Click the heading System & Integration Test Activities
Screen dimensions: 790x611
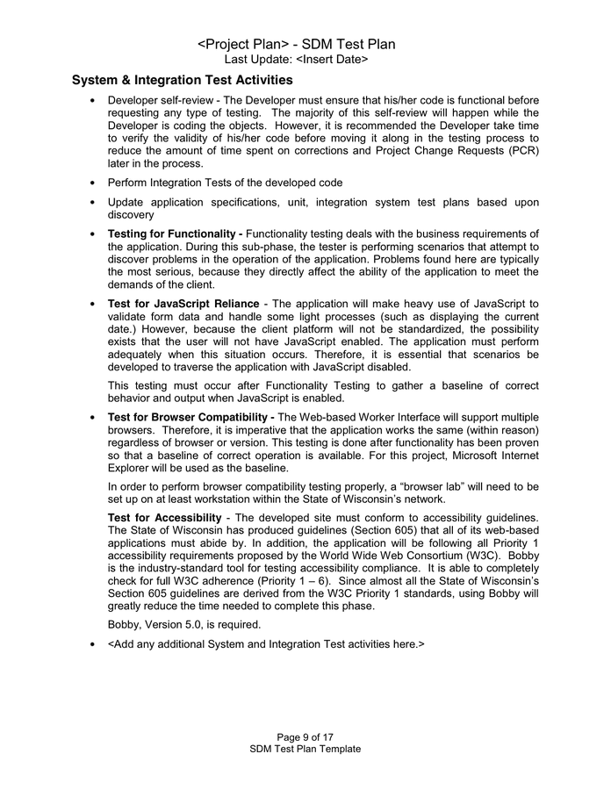pyautogui.click(x=183, y=81)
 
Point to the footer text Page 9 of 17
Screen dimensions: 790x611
pyautogui.click(x=305, y=736)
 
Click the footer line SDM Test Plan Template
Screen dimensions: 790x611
pyautogui.click(x=305, y=749)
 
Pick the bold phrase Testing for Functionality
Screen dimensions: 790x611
pyautogui.click(x=175, y=233)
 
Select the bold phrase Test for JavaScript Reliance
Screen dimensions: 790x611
pyautogui.click(x=183, y=304)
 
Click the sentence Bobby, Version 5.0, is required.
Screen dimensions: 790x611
pyautogui.click(x=183, y=624)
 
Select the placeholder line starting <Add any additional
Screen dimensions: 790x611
pyautogui.click(x=266, y=644)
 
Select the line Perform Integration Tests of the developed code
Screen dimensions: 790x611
pyautogui.click(x=225, y=183)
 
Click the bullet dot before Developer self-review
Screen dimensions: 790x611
pyautogui.click(x=93, y=102)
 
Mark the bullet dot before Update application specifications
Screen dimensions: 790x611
pyautogui.click(x=93, y=203)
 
